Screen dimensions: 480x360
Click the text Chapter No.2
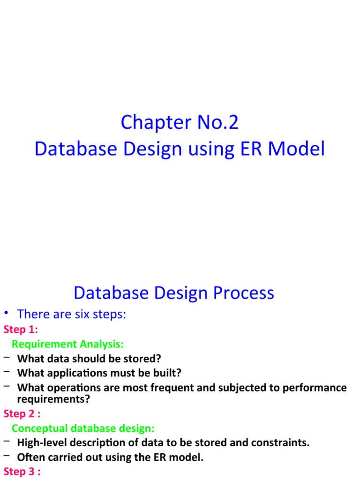pos(180,123)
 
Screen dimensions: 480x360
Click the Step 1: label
pos(21,329)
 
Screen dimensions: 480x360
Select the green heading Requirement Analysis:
pos(67,344)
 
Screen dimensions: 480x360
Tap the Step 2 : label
pos(22,413)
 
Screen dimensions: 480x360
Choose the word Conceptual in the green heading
pos(40,428)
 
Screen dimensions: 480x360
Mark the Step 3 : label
pos(22,472)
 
